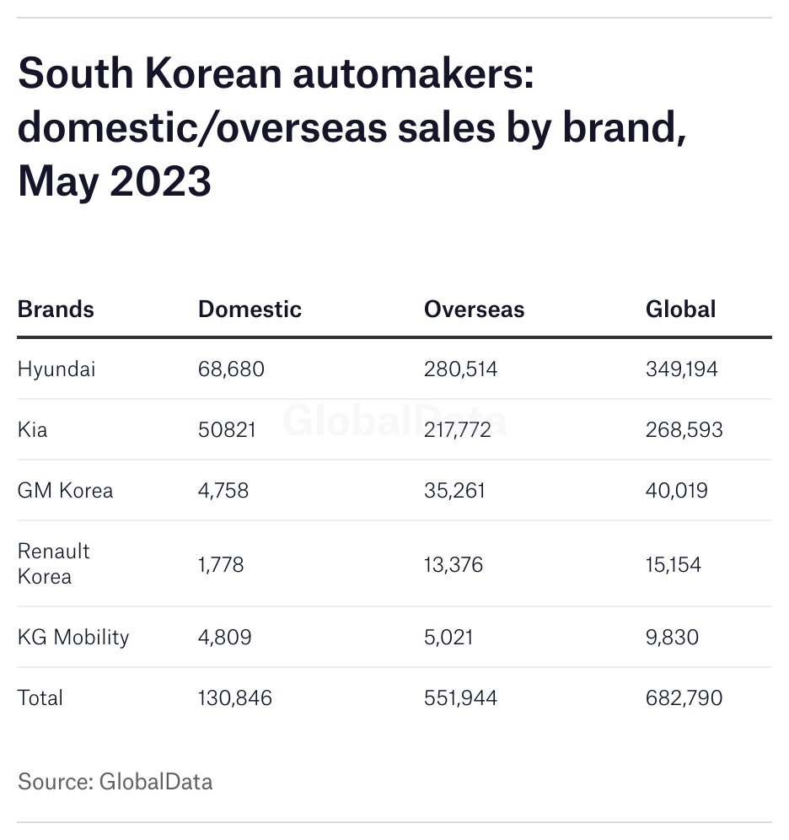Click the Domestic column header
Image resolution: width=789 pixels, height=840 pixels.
pos(250,309)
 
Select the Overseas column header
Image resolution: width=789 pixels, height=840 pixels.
pos(474,309)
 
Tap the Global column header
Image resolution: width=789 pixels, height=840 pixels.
pos(680,309)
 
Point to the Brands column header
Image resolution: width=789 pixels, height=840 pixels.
pos(56,309)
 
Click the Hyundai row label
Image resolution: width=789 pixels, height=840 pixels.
pos(56,369)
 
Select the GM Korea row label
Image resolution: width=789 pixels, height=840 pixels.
pos(65,491)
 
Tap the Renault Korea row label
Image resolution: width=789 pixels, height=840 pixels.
pos(53,564)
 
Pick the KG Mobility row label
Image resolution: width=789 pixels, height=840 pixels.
pos(73,637)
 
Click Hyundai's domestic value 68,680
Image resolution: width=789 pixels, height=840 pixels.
pos(231,369)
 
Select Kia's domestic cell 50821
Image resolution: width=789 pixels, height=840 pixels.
pos(227,430)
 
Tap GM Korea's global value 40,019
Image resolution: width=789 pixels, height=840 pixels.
pos(676,491)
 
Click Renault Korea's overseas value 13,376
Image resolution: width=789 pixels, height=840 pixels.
pos(454,564)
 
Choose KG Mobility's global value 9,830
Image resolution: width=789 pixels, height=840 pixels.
pos(672,637)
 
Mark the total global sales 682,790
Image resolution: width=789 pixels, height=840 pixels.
pos(684,698)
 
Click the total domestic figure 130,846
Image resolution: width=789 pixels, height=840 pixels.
pos(235,698)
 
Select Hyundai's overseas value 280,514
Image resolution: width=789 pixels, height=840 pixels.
pos(460,369)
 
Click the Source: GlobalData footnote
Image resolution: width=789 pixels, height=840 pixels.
pos(115,782)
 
